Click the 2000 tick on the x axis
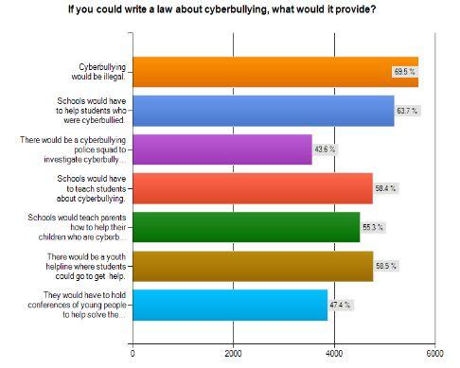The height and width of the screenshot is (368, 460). pos(233,354)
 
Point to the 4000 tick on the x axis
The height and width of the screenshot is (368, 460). pos(334,354)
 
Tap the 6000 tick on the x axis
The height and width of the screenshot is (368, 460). pos(434,354)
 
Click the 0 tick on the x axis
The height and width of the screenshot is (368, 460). pos(133,354)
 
